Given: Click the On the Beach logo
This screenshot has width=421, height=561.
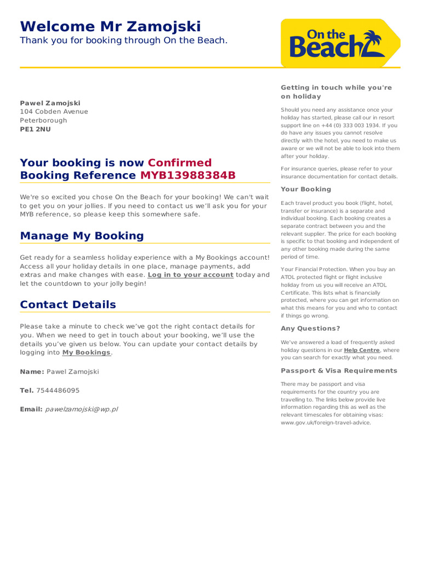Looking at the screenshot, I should pyautogui.click(x=340, y=42).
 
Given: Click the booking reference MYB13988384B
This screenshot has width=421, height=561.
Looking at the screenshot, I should pyautogui.click(x=188, y=175).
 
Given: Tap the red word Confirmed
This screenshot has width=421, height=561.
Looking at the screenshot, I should pyautogui.click(x=179, y=163).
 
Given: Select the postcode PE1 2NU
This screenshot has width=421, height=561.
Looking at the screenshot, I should pyautogui.click(x=35, y=129).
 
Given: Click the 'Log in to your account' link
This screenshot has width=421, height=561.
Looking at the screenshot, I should pyautogui.click(x=190, y=275).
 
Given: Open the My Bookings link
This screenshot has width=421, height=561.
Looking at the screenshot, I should pyautogui.click(x=86, y=353).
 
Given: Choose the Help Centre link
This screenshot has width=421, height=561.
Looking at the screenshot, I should pyautogui.click(x=361, y=350).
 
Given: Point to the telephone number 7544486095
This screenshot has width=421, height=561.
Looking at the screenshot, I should pyautogui.click(x=58, y=391).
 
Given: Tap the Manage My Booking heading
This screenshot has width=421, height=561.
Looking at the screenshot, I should pyautogui.click(x=82, y=236).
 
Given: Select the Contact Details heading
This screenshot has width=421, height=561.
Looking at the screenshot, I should pyautogui.click(x=68, y=305).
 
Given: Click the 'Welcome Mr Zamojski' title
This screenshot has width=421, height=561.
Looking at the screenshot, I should pyautogui.click(x=110, y=26).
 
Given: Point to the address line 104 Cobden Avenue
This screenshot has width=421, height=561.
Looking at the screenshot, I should pyautogui.click(x=54, y=112).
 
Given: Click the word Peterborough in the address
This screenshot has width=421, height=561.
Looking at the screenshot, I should pyautogui.click(x=43, y=121).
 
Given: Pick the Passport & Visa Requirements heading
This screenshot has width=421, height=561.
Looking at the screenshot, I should pyautogui.click(x=339, y=371).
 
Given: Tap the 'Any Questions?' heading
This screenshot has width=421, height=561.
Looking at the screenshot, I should pyautogui.click(x=310, y=329).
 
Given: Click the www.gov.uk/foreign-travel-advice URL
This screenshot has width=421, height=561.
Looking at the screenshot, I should pyautogui.click(x=326, y=423).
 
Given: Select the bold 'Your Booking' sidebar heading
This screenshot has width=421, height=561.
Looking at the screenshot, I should pyautogui.click(x=306, y=190).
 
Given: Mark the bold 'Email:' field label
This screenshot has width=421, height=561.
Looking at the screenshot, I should pyautogui.click(x=31, y=409).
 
